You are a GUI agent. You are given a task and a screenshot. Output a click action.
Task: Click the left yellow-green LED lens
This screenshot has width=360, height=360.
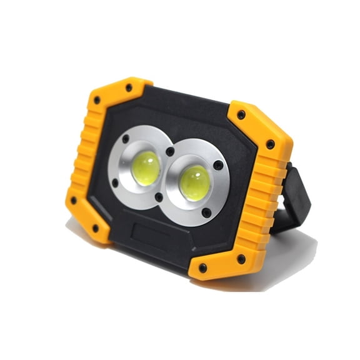pyautogui.click(x=146, y=167)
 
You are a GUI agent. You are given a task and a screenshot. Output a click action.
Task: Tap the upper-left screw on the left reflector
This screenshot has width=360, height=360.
pyautogui.click(x=125, y=139)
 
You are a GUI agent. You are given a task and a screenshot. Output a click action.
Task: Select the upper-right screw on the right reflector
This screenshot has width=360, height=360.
pyautogui.click(x=218, y=166)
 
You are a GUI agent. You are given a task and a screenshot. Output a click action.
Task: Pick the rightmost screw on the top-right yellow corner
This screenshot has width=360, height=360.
pyautogui.click(x=270, y=144)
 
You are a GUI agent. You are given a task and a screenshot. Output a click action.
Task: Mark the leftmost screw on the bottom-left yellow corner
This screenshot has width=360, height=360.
pyautogui.click(x=73, y=201)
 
